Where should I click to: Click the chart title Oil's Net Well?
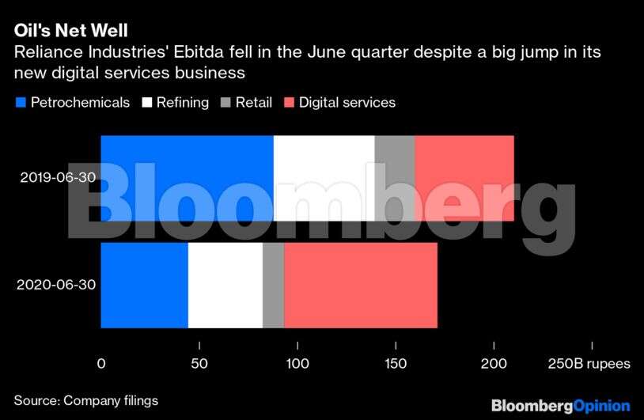70,31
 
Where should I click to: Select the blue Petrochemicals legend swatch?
21,103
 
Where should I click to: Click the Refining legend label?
182,103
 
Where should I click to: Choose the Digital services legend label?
347,103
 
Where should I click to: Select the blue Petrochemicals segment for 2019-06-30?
187,178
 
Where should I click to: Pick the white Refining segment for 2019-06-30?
324,178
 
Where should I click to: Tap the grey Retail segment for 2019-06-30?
394,178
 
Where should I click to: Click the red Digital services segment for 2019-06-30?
464,178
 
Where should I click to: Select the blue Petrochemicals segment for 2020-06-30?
144,285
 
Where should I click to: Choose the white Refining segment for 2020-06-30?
225,285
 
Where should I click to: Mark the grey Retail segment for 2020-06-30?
273,285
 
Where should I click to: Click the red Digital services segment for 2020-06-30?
360,285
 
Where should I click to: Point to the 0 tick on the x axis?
100,365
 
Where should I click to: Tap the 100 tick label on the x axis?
297,365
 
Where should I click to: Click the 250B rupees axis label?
589,365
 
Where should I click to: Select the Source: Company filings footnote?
85,400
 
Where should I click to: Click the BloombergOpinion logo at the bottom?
560,406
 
